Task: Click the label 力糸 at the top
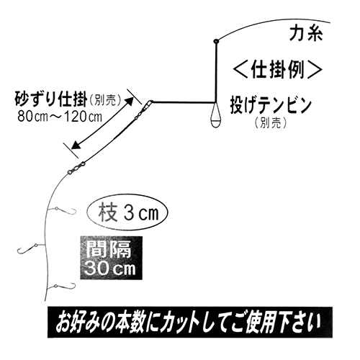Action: [x=306, y=33]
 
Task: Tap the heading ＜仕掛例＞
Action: [x=277, y=70]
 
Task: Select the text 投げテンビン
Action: [x=271, y=105]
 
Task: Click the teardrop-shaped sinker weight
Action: [x=216, y=114]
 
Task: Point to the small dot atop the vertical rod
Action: [x=216, y=41]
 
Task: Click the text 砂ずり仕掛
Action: [x=50, y=99]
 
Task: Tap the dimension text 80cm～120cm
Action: [x=60, y=117]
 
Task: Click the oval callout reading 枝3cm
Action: [x=127, y=212]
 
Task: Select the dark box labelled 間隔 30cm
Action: [x=111, y=258]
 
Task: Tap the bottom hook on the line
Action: [x=62, y=286]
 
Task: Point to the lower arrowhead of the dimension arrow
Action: [x=76, y=145]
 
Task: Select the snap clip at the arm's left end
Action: [x=147, y=105]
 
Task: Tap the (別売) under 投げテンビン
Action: [x=271, y=123]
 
